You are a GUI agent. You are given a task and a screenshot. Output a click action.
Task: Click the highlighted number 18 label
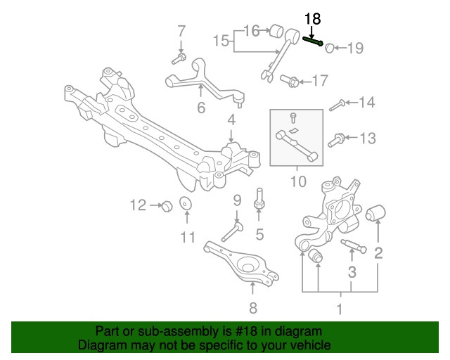(311, 19)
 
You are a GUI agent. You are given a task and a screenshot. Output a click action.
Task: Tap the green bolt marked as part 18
(312, 40)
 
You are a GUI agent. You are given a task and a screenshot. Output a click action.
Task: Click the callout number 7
(181, 31)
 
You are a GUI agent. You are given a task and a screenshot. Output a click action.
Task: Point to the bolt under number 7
(181, 57)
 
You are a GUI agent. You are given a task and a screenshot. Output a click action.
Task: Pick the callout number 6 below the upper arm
(200, 108)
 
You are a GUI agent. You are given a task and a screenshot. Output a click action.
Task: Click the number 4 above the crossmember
(231, 122)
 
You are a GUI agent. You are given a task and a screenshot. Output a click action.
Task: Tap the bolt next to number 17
(288, 82)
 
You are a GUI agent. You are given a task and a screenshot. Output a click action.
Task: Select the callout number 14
(367, 103)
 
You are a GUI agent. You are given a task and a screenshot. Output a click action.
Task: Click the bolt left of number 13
(337, 138)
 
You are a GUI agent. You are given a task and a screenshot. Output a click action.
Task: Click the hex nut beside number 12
(167, 205)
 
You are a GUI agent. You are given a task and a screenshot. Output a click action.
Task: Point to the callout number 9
(237, 200)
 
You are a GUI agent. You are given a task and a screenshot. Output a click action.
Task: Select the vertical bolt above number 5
(259, 198)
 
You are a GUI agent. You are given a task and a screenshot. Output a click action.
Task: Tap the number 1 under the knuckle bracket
(340, 309)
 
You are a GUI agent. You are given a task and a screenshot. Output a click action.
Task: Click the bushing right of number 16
(278, 31)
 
